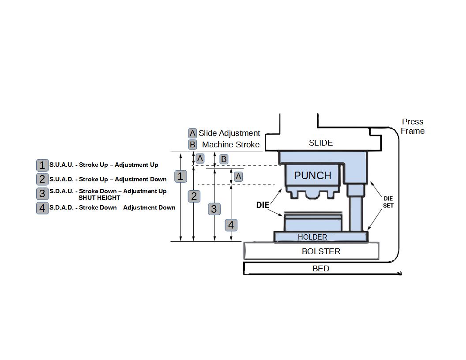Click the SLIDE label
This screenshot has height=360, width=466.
tap(321, 143)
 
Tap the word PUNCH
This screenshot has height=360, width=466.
tap(312, 176)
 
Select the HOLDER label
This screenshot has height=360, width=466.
tap(312, 237)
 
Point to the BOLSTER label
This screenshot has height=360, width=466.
tap(321, 251)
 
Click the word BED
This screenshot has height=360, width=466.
tap(321, 269)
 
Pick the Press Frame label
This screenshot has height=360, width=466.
tap(413, 126)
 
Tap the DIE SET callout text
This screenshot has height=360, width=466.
tap(388, 202)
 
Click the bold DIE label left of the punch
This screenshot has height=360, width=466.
tap(263, 205)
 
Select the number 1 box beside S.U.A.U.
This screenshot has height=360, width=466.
tap(42, 165)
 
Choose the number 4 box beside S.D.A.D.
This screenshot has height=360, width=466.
tap(42, 208)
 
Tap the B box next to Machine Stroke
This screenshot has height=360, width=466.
tap(192, 145)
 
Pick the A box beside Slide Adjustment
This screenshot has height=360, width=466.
tap(192, 133)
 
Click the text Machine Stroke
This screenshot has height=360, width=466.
tap(231, 145)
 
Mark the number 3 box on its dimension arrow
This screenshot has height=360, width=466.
tap(214, 209)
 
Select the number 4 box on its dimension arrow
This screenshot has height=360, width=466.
tap(231, 225)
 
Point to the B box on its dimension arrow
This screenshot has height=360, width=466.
tap(224, 159)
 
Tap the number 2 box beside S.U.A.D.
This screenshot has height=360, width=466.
tap(42, 179)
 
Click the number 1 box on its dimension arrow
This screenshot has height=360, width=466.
tap(180, 176)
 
